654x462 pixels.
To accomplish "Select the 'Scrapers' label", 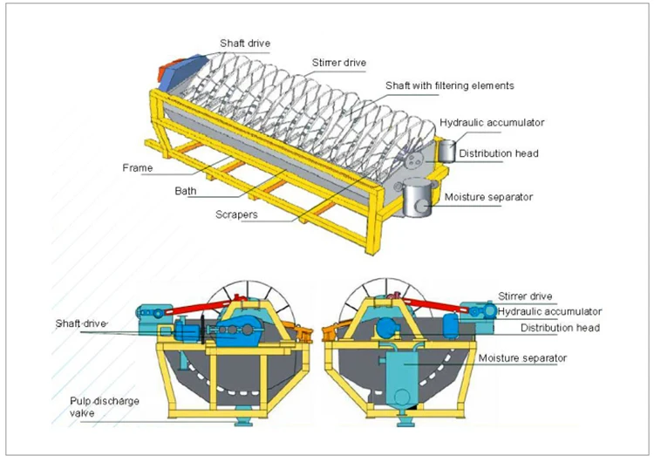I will pos(237,214).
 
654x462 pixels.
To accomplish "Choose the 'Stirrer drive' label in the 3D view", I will pos(341,62).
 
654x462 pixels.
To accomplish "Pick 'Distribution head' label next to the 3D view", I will pos(499,153).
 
